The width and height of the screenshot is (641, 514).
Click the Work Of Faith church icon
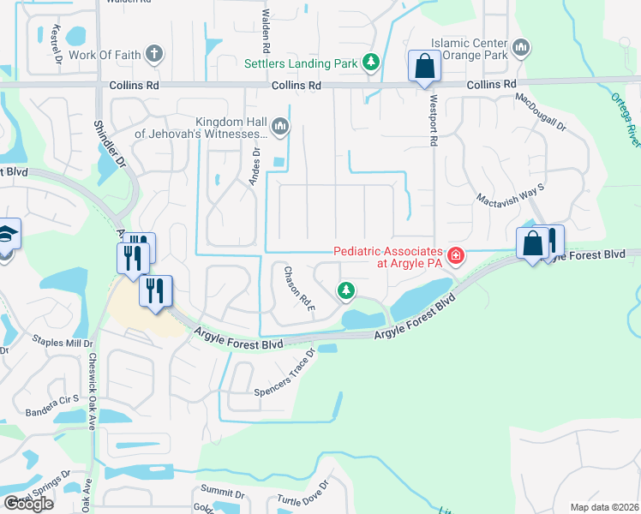[x=154, y=55]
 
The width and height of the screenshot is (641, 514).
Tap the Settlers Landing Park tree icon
[x=371, y=63]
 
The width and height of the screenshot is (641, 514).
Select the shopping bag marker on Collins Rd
[x=424, y=66]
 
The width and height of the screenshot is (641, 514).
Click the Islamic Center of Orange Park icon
[x=523, y=47]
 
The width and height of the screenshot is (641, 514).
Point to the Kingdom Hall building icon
[x=281, y=129]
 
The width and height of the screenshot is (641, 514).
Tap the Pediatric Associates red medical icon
[x=455, y=255]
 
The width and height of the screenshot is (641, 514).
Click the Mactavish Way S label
[x=511, y=186]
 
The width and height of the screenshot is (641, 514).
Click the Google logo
[x=27, y=503]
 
